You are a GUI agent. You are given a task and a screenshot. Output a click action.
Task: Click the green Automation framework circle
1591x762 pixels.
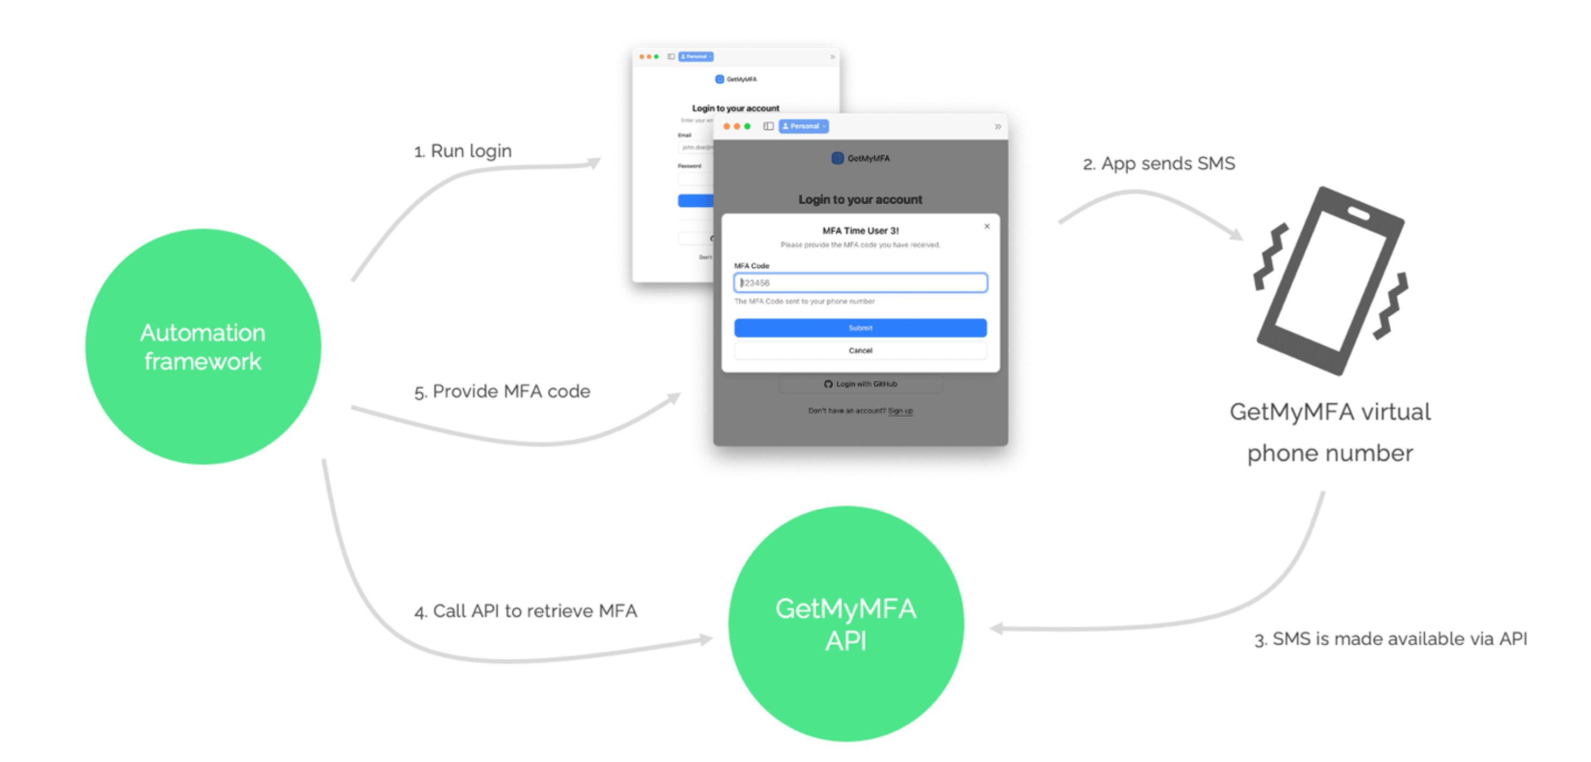pos(203,346)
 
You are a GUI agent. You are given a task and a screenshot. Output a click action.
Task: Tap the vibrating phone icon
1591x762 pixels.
pos(1331,281)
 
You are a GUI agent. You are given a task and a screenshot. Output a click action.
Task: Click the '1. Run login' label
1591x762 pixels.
pos(463,151)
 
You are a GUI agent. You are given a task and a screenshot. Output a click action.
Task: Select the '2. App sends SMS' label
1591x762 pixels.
pos(1158,163)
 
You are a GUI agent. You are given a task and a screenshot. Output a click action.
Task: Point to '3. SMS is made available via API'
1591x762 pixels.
pos(1390,638)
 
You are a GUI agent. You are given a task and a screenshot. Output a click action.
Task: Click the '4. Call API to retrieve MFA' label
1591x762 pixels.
pos(526,611)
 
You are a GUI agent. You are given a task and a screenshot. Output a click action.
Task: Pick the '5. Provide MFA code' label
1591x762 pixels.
pos(502,391)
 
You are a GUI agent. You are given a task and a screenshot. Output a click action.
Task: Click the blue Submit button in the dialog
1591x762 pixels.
pos(860,328)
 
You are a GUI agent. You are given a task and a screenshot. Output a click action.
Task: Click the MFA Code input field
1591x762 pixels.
pos(860,283)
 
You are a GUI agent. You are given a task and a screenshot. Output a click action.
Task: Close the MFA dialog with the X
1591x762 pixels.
pos(987,226)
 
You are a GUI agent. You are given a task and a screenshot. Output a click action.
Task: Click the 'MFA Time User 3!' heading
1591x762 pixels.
pos(860,231)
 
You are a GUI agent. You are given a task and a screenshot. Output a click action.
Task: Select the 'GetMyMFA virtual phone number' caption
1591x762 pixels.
pos(1330,432)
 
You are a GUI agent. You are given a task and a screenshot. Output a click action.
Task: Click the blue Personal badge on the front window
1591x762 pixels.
pos(803,126)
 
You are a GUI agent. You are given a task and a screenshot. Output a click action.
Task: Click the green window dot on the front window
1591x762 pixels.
pos(747,126)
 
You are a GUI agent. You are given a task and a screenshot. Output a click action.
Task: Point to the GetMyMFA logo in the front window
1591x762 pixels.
pos(838,158)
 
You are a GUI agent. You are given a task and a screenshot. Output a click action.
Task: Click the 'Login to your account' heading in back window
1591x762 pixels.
pos(735,108)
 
